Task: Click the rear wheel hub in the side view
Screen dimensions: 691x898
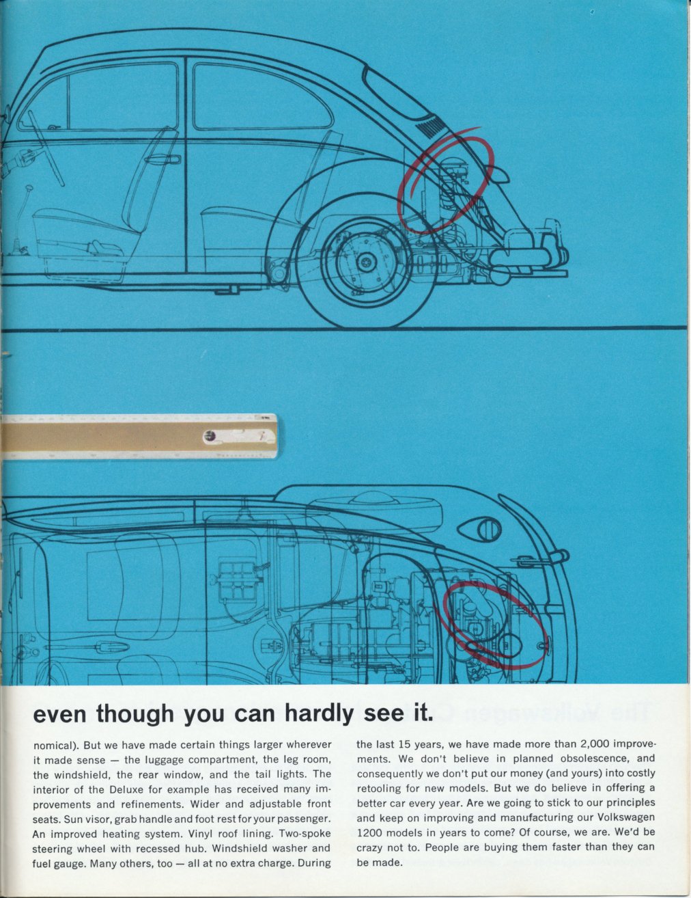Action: [x=365, y=262]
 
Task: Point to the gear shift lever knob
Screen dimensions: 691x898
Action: [x=29, y=189]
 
